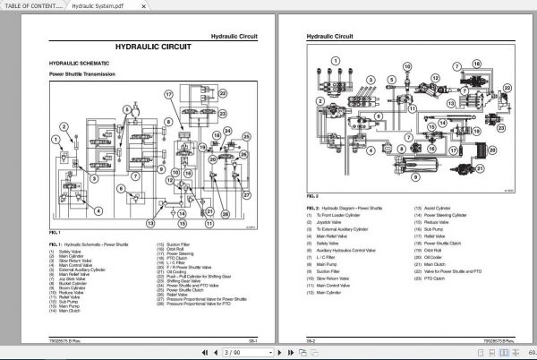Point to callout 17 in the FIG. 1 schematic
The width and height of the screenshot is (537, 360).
[166, 94]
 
